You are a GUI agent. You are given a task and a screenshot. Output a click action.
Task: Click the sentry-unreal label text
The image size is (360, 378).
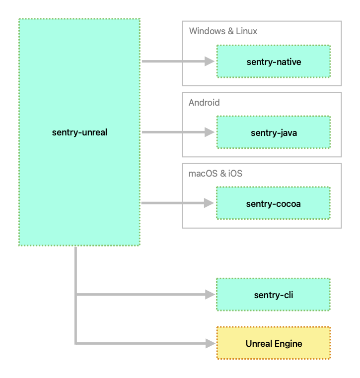click(79, 132)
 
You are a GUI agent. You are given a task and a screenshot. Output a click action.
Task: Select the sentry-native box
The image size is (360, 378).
click(273, 62)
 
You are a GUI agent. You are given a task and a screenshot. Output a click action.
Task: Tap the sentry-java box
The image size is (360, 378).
click(273, 132)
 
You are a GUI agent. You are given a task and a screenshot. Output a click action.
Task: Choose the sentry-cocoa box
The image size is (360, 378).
click(273, 203)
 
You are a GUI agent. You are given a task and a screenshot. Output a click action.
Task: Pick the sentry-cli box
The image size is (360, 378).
click(273, 295)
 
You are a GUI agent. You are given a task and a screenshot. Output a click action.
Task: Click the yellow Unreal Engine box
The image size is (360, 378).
click(273, 343)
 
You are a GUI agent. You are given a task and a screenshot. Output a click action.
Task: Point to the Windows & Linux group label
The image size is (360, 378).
click(223, 31)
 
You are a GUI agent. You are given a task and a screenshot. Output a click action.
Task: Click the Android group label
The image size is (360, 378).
click(204, 103)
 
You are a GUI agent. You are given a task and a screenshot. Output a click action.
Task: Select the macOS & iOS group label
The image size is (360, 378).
click(215, 174)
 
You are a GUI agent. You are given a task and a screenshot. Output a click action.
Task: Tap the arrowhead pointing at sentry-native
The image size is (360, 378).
click(210, 62)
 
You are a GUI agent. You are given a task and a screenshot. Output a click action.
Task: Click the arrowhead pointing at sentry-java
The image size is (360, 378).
click(210, 132)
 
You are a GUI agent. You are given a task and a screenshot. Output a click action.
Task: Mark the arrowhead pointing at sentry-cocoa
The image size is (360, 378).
click(210, 203)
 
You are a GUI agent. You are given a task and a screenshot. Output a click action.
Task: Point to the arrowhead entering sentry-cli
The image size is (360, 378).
click(210, 295)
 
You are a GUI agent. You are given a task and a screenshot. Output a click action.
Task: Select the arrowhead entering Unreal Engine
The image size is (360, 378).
click(210, 343)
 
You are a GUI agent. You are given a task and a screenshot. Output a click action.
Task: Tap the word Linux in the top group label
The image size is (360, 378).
click(246, 31)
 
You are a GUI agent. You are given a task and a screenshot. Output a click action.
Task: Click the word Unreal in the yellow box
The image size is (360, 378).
click(259, 343)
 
